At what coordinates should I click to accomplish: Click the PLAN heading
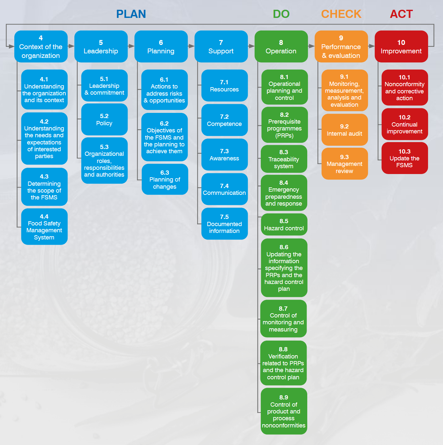[131, 14]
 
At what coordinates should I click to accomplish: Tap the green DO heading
[281, 14]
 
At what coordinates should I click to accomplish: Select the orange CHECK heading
[341, 14]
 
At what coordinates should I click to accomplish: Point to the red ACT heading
[401, 14]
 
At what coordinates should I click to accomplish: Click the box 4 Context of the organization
[41, 47]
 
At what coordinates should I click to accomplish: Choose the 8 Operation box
[281, 47]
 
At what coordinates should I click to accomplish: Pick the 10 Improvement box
[401, 47]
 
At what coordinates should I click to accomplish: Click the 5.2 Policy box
[105, 119]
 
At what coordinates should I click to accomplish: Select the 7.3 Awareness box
[225, 155]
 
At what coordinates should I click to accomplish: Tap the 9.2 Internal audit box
[345, 130]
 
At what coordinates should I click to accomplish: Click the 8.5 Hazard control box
[284, 224]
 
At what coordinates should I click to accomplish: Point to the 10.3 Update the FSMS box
[405, 158]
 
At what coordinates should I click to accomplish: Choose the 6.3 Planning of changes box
[165, 179]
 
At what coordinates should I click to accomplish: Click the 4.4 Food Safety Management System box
[44, 226]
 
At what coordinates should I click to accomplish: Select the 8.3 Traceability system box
[284, 159]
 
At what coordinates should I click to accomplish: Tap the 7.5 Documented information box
[225, 223]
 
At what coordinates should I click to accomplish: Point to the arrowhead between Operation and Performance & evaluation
[312, 46]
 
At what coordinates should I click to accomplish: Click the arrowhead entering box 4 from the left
[11, 47]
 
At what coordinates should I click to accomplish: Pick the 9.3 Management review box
[345, 164]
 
